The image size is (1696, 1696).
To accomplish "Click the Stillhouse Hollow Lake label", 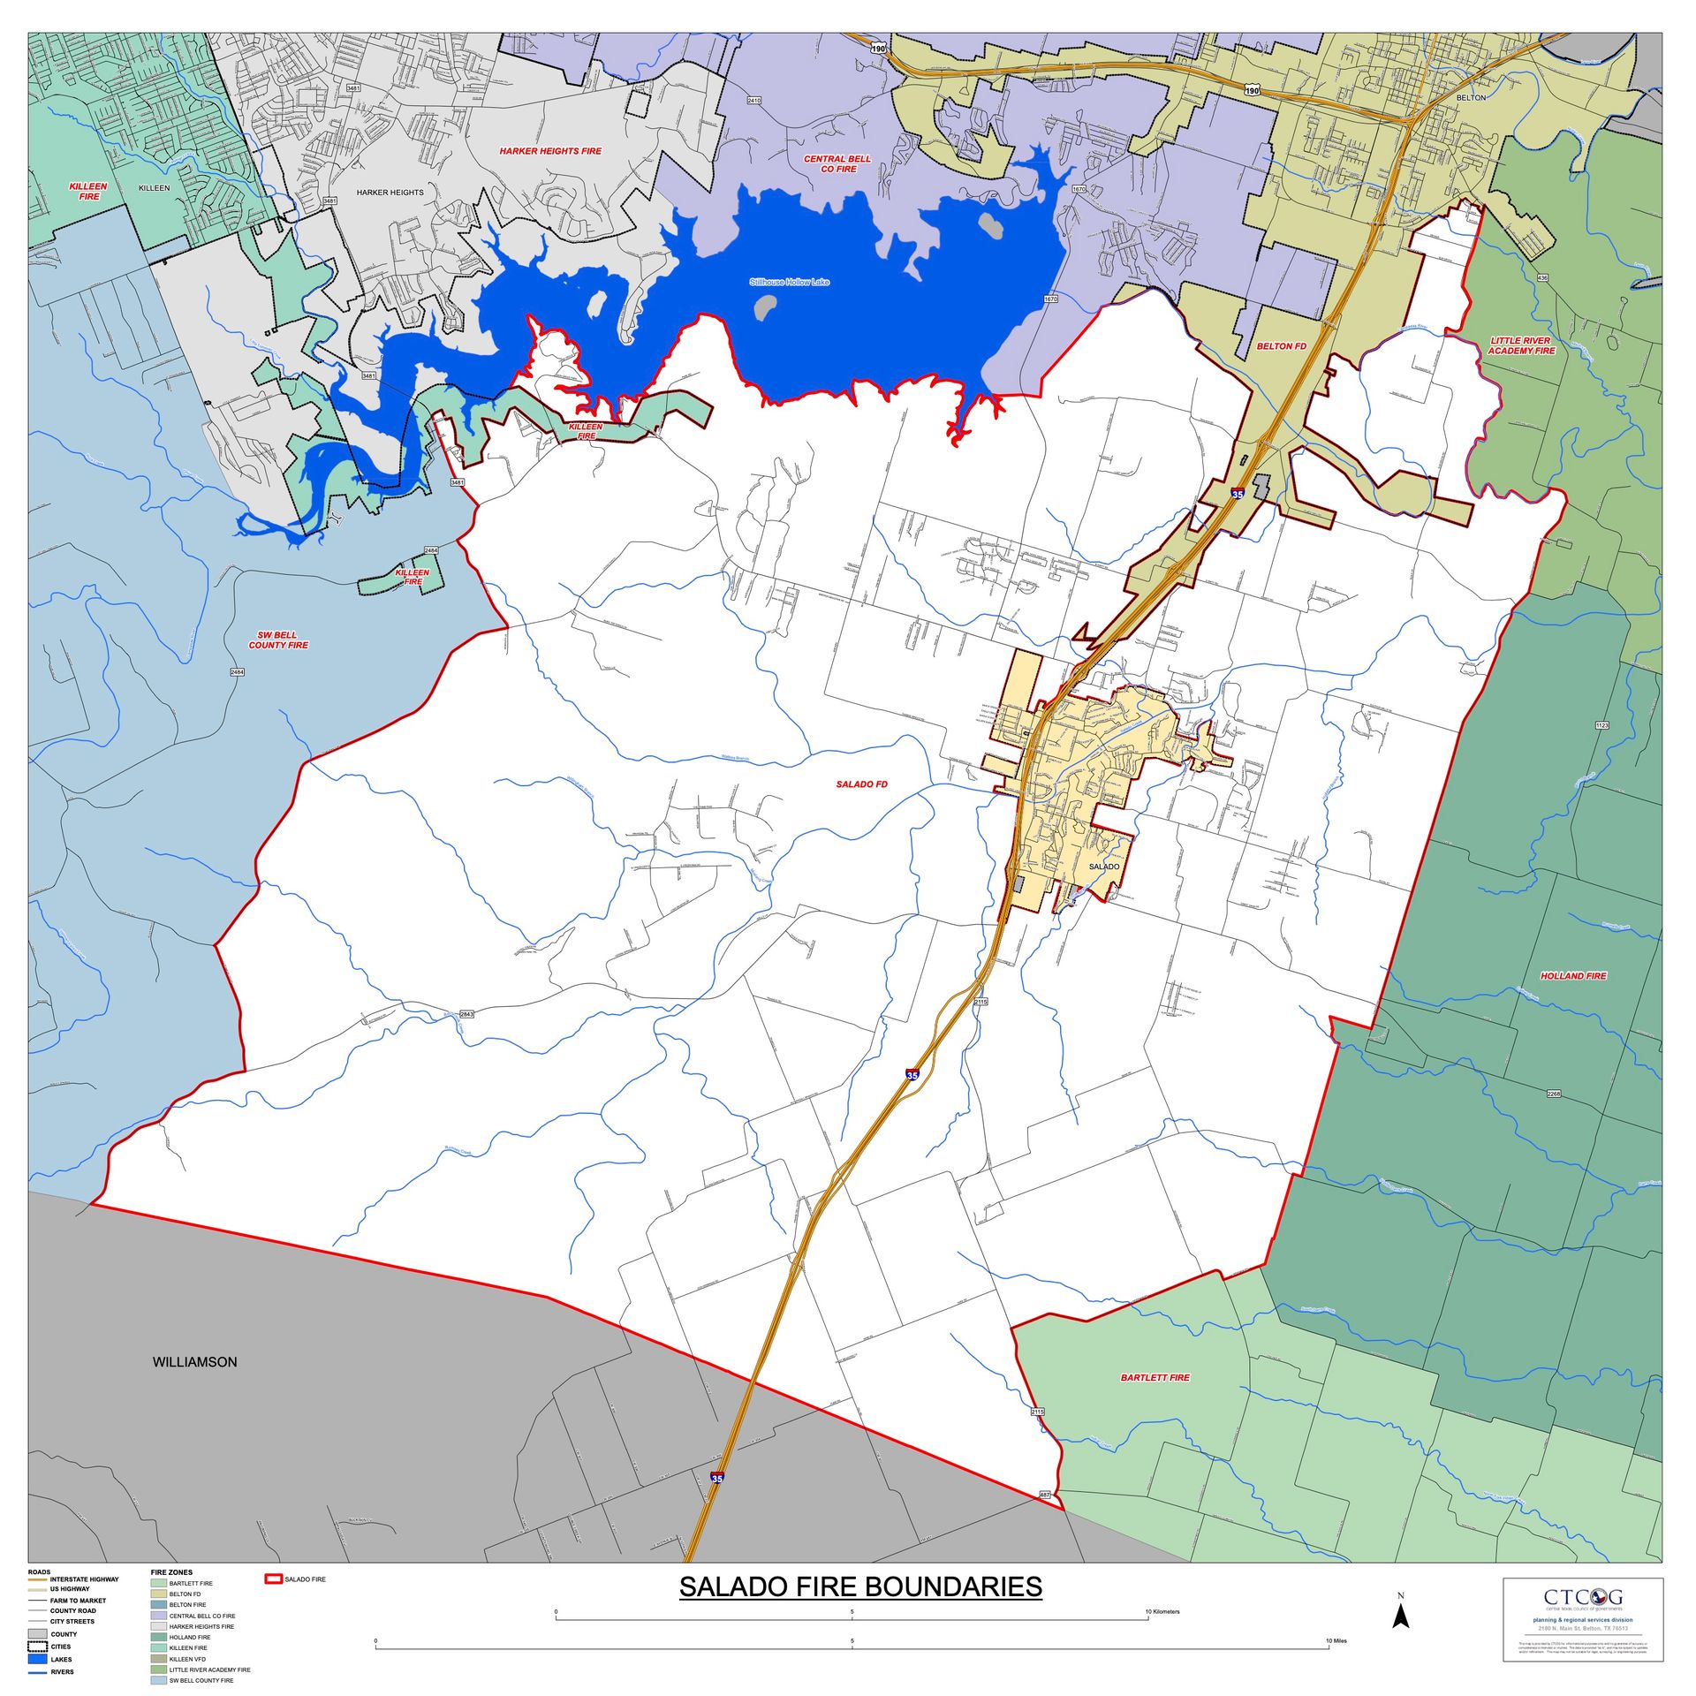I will click(789, 283).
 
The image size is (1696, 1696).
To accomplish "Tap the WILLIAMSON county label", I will click(194, 1361).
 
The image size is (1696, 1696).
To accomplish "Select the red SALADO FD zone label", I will click(861, 784).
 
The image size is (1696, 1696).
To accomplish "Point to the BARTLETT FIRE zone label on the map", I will click(1155, 1377).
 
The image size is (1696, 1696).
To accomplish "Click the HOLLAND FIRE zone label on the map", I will click(1573, 976).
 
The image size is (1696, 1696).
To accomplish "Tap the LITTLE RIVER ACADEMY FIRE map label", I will click(1521, 345).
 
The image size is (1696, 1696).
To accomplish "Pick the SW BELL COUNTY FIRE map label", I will click(278, 640).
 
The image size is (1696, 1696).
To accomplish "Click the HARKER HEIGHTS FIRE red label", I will click(550, 151).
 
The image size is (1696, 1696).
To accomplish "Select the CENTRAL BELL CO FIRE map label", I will click(837, 163).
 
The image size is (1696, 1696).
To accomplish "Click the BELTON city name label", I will click(1471, 98).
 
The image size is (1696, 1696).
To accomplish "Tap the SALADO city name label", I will click(1104, 867).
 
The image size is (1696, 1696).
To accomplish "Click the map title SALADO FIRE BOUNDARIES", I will click(859, 1586).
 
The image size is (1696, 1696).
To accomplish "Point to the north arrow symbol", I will click(1400, 1616).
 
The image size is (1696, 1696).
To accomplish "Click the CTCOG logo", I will click(1582, 1597).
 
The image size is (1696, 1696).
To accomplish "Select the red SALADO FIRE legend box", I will click(274, 1579).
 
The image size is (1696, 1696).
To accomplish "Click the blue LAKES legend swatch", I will click(38, 1659).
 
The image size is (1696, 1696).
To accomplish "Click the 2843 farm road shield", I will click(466, 1014).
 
